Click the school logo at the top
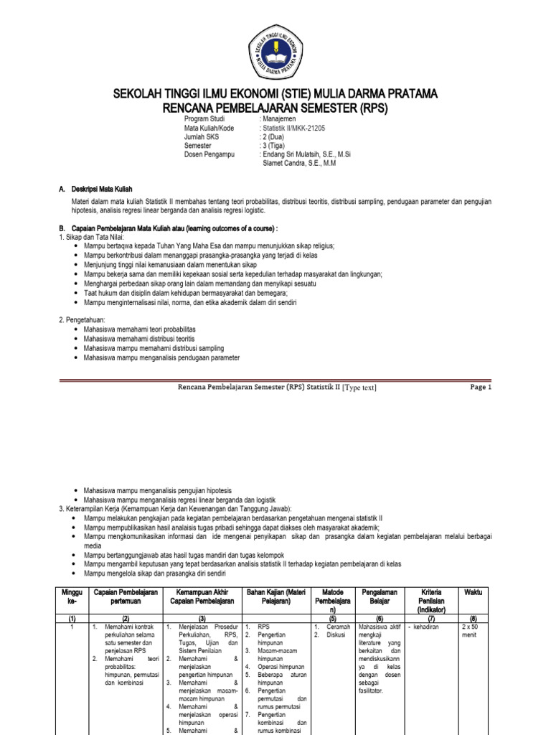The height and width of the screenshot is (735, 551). coord(275,50)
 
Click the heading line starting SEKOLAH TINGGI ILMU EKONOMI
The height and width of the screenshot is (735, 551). coord(275,95)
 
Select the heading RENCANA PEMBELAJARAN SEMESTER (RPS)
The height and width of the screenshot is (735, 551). coord(275,108)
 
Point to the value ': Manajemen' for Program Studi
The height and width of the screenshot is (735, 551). coord(282,118)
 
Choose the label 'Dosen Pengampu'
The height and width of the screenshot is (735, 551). coord(210,154)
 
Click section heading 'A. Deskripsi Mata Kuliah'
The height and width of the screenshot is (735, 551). coord(95,188)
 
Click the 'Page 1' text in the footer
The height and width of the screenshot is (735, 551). coord(481,387)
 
